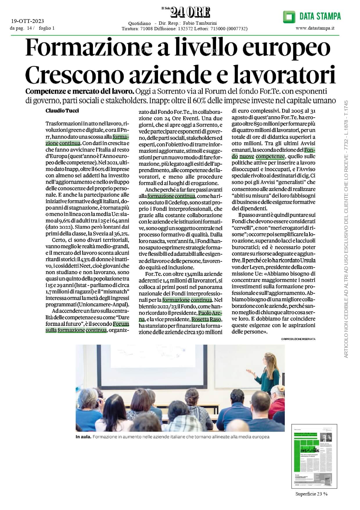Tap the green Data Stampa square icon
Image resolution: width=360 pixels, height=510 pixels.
point(289,17)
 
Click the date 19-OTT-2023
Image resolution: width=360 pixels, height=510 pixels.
point(27,21)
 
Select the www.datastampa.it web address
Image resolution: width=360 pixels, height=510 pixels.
point(315,28)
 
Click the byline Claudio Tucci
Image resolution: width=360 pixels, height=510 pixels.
point(62,111)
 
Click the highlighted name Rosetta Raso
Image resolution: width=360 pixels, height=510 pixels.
point(206,319)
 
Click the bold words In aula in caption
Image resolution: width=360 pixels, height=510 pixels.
point(83,436)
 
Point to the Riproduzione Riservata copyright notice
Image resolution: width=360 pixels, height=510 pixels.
point(298,339)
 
